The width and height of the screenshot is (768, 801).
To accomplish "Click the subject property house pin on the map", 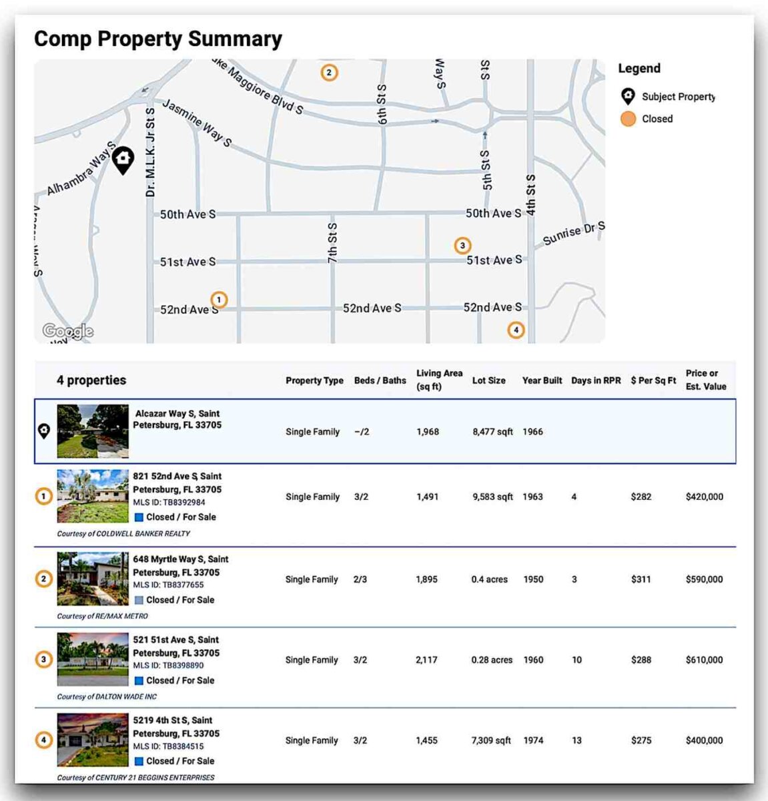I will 123,160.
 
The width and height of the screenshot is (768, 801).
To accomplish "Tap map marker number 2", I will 328,72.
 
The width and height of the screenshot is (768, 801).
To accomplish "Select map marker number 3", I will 462,246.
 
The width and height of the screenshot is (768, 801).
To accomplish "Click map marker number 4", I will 515,330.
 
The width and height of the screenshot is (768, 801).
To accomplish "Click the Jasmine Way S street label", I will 197,123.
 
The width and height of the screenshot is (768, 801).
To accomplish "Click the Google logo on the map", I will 67,331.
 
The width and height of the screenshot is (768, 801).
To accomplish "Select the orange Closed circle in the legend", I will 628,119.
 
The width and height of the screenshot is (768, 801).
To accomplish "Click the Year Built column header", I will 542,380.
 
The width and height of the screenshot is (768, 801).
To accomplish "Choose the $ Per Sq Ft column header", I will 653,380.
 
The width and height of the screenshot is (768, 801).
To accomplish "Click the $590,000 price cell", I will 704,579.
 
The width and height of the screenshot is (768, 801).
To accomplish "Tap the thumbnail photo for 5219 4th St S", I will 93,740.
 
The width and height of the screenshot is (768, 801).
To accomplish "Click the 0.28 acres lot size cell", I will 492,660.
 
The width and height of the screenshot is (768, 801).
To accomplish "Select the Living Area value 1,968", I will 428,432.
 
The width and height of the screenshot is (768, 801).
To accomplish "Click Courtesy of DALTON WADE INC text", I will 107,697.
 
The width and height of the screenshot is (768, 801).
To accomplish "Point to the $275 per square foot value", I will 641,740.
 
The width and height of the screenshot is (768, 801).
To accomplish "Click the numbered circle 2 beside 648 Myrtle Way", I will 43,579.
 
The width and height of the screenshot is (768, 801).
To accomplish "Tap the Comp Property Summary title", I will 158,39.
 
